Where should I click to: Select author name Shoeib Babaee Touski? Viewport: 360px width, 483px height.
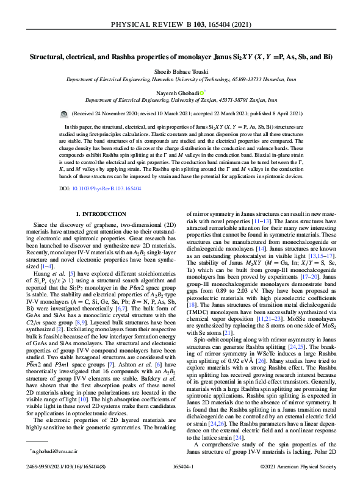click(180, 71)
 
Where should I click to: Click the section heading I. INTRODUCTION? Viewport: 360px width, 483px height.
click(100, 215)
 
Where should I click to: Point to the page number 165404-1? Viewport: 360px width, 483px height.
click(180, 466)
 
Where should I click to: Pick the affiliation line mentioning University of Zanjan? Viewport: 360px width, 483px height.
click(180, 99)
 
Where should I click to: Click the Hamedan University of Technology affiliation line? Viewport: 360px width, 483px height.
click(180, 79)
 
